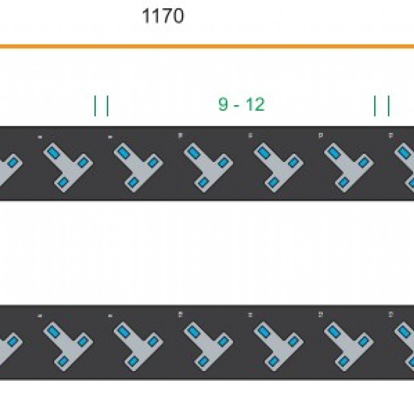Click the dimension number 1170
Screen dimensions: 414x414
point(162,17)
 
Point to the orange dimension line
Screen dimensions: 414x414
point(207,47)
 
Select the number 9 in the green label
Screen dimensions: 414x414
point(223,105)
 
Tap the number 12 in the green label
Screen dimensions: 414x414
point(255,105)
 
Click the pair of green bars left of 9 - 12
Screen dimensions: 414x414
point(101,106)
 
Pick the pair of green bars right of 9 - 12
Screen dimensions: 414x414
point(382,106)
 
